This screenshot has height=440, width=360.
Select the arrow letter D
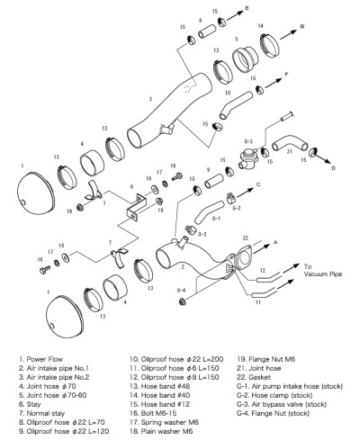(x=333, y=166)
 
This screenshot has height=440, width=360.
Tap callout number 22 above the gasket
(x=244, y=237)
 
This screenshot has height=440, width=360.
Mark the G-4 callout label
(x=181, y=290)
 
